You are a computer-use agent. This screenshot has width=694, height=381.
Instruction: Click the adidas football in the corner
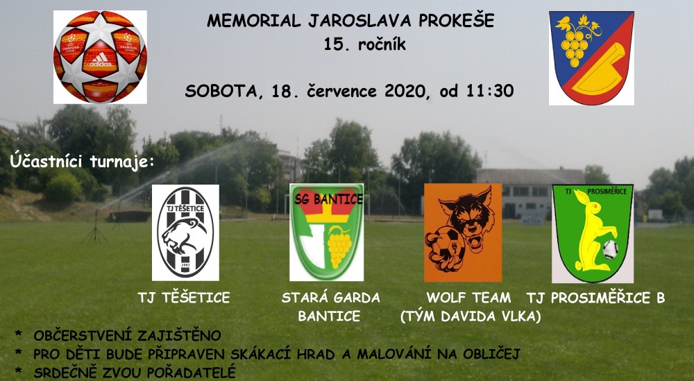[x=100, y=57]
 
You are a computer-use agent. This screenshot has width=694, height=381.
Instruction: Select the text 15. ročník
[x=365, y=44]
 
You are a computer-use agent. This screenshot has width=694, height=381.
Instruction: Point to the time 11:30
[x=489, y=91]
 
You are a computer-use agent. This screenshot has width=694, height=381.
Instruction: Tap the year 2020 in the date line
[x=404, y=91]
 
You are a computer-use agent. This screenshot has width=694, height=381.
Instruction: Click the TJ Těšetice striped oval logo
[x=185, y=232]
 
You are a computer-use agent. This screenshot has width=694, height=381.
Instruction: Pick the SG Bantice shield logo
[x=327, y=232]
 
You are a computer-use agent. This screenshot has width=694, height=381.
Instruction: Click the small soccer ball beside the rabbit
[x=610, y=250]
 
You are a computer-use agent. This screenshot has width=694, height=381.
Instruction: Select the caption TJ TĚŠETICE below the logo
[x=184, y=297]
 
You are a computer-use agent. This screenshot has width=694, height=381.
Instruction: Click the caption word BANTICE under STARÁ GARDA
[x=329, y=316]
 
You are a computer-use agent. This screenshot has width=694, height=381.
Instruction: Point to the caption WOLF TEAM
[x=468, y=297]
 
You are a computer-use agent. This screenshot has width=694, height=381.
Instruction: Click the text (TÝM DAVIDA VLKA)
[x=471, y=316]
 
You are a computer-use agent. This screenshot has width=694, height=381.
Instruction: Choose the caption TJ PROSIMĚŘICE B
[x=595, y=298]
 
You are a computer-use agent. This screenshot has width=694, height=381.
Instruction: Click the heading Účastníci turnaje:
[x=83, y=161]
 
